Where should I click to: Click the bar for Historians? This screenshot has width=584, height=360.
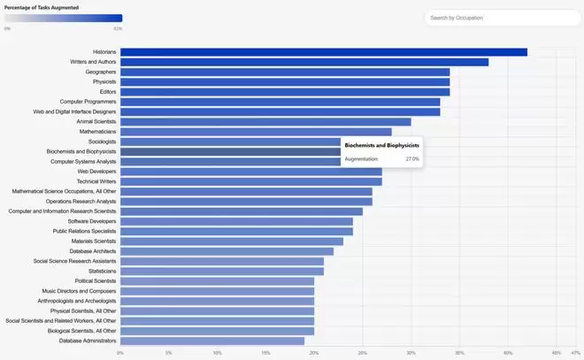(323, 51)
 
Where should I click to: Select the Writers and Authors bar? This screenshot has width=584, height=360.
(304, 62)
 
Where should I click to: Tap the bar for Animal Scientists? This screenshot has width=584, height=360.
(265, 121)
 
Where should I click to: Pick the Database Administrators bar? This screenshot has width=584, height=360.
(212, 341)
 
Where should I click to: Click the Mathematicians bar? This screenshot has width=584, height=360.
(256, 132)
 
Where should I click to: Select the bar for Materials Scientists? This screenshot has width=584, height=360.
(232, 241)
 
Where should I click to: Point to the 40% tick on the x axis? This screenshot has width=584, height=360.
(508, 353)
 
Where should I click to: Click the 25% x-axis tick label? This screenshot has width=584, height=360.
(363, 353)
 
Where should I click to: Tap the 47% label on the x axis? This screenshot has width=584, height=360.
(576, 353)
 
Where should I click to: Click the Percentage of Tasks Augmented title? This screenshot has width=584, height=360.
(42, 7)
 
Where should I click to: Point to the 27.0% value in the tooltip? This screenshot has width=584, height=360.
(412, 159)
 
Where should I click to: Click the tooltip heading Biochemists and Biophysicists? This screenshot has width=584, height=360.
(381, 144)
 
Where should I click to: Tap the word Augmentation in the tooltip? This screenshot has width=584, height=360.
(361, 159)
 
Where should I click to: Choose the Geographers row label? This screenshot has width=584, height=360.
(101, 72)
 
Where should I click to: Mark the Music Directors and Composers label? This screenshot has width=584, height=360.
(79, 291)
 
